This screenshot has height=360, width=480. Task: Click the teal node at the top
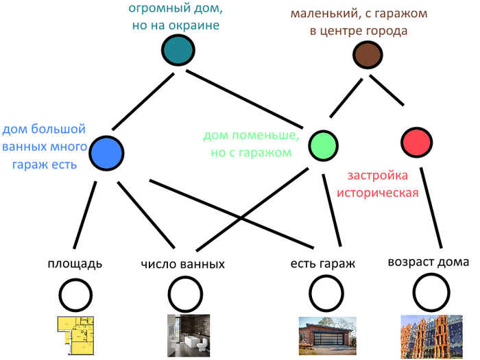tap(178, 51)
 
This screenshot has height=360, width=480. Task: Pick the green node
tap(323, 145)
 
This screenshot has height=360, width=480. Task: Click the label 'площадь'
tap(75, 263)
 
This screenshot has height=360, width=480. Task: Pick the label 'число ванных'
tap(183, 264)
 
